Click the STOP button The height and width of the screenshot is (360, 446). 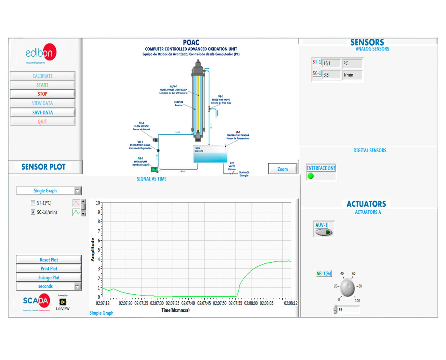(x=43, y=94)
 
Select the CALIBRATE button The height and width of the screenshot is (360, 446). (x=43, y=76)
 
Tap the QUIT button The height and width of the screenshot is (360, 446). (x=43, y=122)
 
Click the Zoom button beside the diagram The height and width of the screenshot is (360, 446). (x=282, y=169)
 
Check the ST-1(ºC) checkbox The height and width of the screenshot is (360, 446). (x=33, y=203)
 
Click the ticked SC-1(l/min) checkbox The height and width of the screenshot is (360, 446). (x=33, y=212)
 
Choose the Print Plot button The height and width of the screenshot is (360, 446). (x=49, y=268)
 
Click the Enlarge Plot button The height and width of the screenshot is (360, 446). (x=49, y=277)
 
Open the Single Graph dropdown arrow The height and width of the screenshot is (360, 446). (x=77, y=191)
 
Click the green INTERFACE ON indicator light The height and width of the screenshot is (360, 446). (x=311, y=176)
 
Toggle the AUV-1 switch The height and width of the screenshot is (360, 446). (x=324, y=232)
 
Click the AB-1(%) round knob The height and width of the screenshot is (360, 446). (x=347, y=287)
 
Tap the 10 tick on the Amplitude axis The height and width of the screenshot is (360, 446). (x=98, y=203)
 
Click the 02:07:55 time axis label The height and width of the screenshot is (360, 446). (x=235, y=303)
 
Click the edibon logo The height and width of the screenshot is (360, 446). (x=41, y=53)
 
